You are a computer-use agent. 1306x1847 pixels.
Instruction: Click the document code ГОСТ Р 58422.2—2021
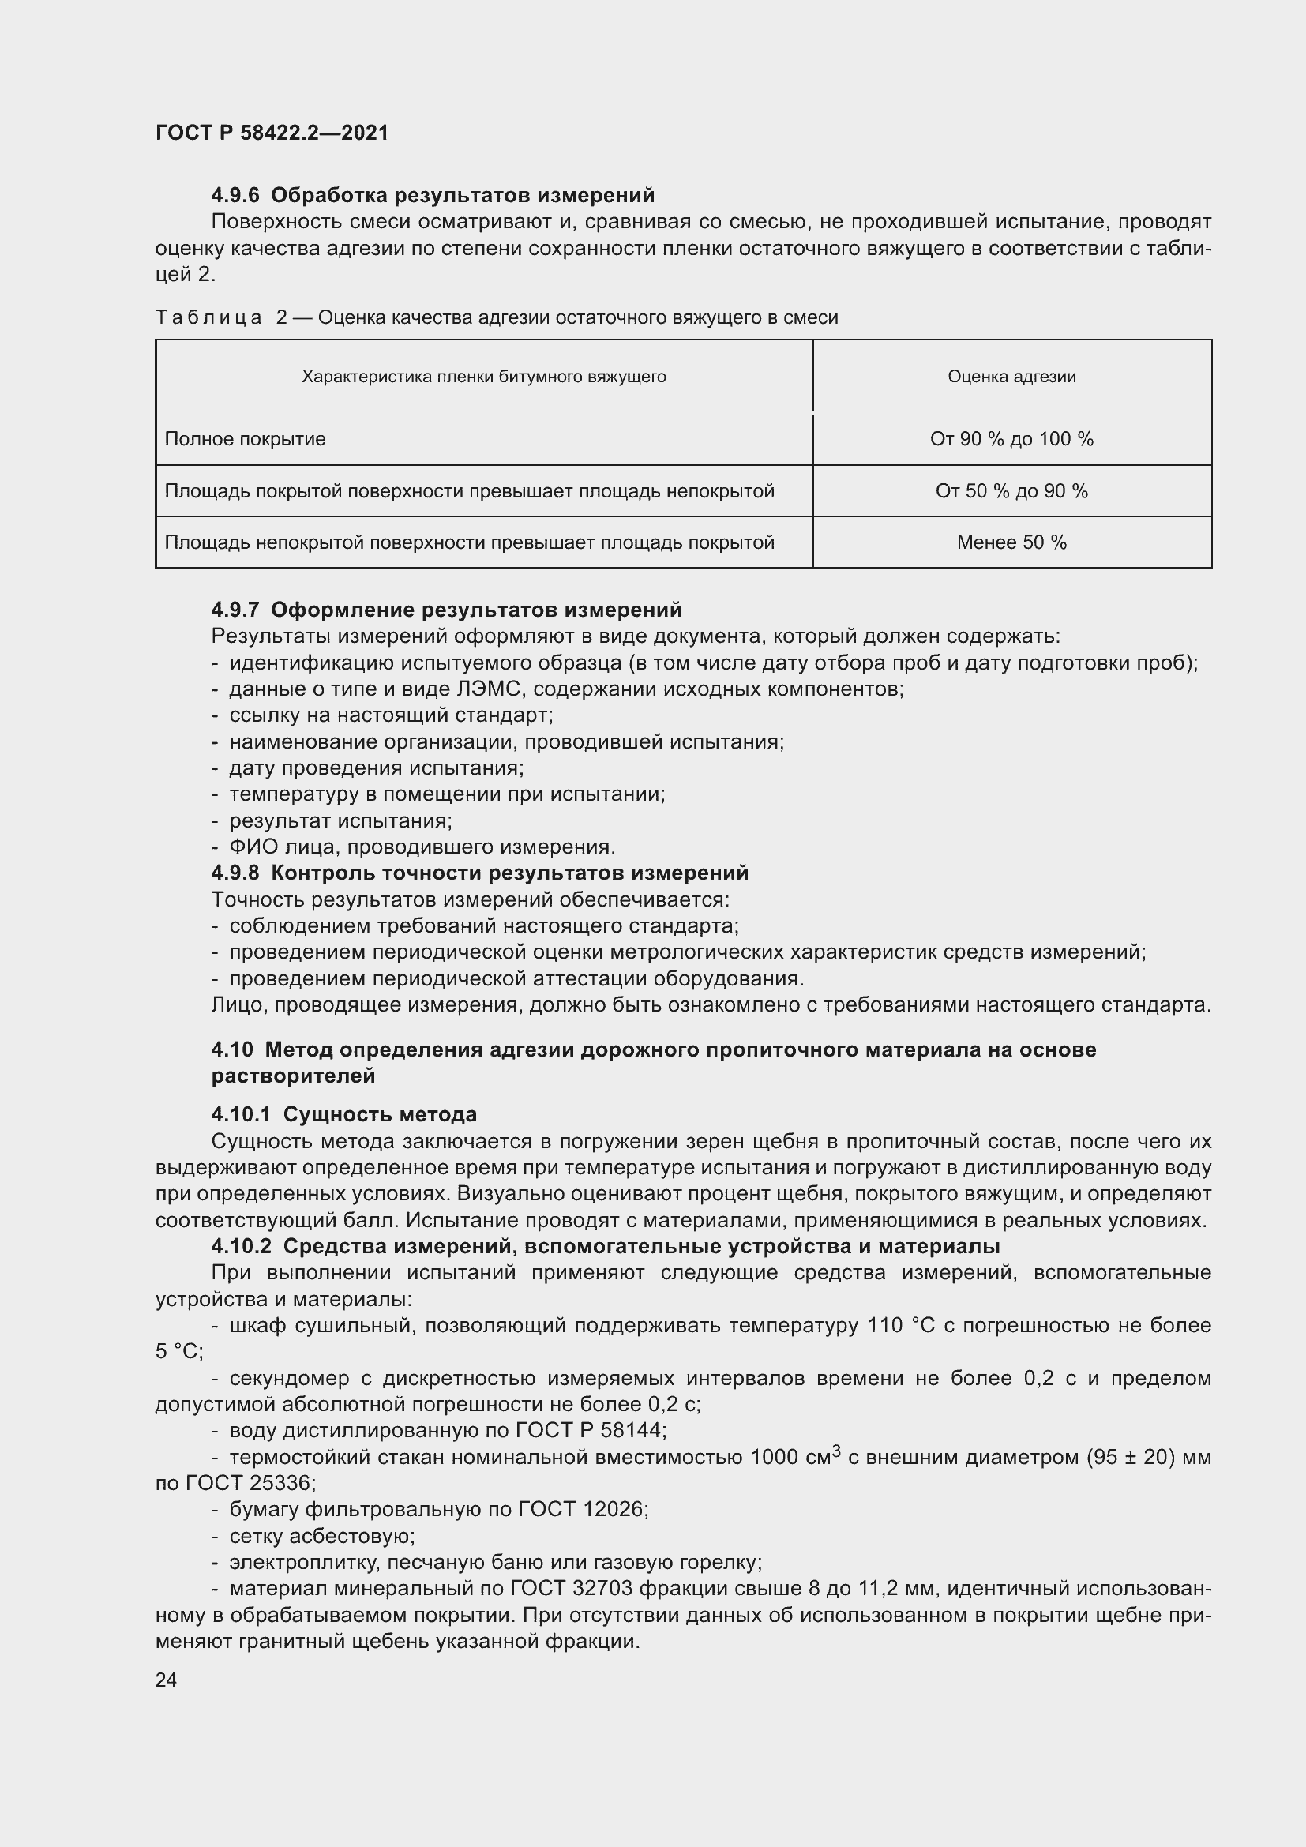tap(272, 133)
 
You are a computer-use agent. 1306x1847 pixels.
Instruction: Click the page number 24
tap(166, 1679)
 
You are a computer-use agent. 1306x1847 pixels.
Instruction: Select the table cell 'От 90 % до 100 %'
tap(1011, 439)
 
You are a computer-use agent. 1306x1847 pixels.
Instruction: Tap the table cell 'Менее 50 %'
tap(1011, 542)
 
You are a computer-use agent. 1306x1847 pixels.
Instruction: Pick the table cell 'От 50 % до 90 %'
tap(1011, 490)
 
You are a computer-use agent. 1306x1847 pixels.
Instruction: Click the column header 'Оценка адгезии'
tap(1011, 377)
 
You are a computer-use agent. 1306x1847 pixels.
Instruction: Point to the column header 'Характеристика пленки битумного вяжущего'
tap(483, 377)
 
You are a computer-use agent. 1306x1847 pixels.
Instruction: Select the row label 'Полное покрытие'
tap(246, 439)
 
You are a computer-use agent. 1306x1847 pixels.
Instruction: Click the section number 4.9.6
tap(235, 196)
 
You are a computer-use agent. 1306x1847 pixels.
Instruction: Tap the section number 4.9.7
tap(235, 610)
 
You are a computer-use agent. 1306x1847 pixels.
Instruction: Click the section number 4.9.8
tap(235, 873)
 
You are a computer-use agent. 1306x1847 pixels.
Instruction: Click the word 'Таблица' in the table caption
tap(208, 317)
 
